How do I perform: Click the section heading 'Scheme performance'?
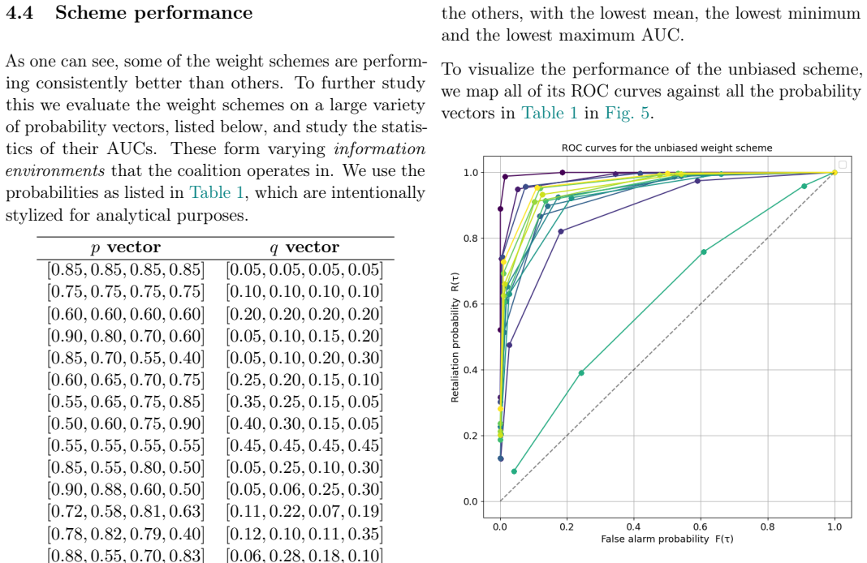(x=153, y=13)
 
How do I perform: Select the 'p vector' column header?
(x=126, y=247)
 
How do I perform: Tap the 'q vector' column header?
(x=304, y=247)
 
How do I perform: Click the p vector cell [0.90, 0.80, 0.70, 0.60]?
(x=126, y=336)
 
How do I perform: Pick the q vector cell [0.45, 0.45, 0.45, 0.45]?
(x=304, y=446)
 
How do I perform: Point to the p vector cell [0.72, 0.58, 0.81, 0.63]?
(x=126, y=512)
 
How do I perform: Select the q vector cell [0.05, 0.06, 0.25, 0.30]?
(x=304, y=489)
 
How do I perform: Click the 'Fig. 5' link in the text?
(x=627, y=114)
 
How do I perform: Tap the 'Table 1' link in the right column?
(x=550, y=114)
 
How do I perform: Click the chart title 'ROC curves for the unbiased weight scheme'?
(x=666, y=148)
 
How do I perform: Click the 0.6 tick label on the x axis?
(x=700, y=527)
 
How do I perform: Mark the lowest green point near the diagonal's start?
(x=514, y=471)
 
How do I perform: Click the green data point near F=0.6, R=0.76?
(x=703, y=252)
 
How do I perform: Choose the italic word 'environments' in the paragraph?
(x=54, y=170)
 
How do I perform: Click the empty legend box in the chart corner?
(x=842, y=165)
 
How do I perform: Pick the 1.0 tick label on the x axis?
(x=835, y=527)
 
